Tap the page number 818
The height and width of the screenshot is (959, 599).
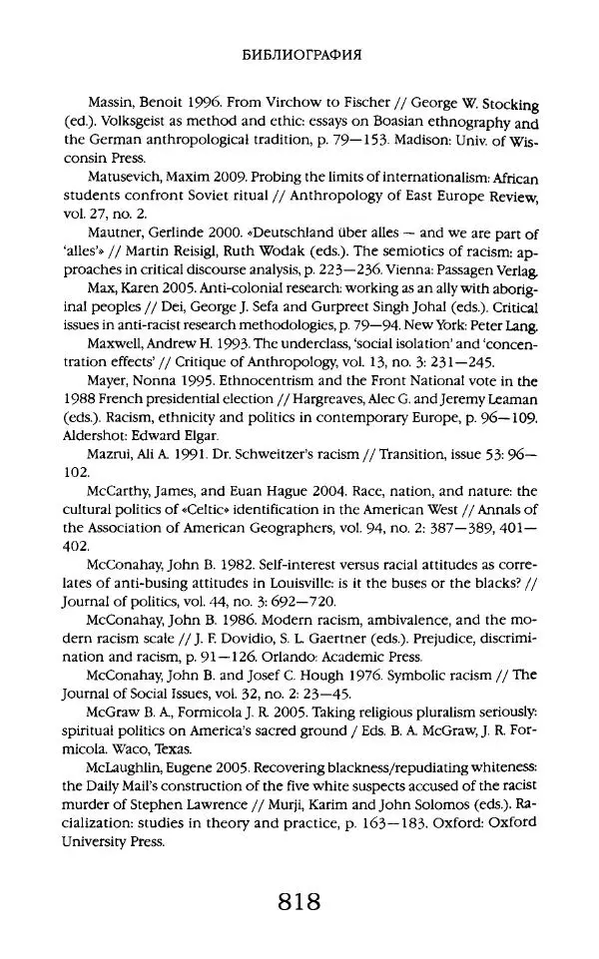299,903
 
